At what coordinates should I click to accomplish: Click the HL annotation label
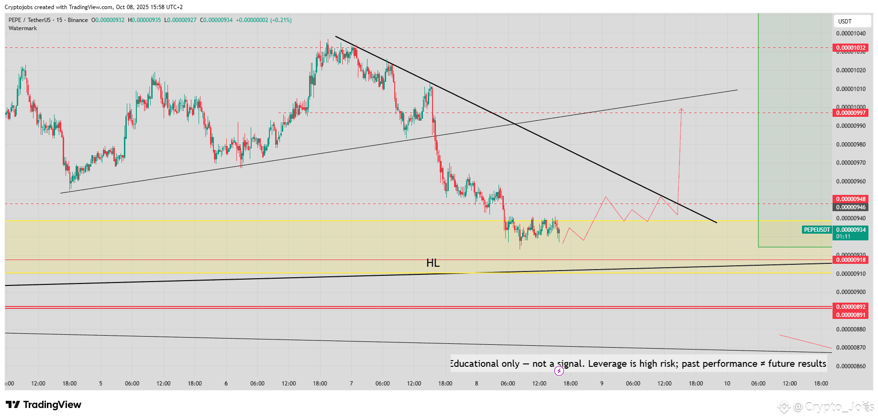[433, 263]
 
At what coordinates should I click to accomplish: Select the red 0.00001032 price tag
[851, 48]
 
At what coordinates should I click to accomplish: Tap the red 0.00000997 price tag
[851, 113]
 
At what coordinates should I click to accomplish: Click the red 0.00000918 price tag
[851, 260]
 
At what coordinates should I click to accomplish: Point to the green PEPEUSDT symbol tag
[817, 230]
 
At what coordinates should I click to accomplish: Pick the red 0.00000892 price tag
[851, 307]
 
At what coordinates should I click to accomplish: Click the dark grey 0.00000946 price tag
[851, 207]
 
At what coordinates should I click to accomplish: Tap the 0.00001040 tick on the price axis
[851, 34]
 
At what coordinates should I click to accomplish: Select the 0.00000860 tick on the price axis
[851, 366]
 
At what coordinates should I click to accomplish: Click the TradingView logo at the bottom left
[44, 405]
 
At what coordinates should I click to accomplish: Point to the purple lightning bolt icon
[559, 371]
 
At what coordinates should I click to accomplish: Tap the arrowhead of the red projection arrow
[681, 110]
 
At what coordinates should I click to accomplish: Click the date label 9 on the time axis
[602, 384]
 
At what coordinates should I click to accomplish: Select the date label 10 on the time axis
[727, 384]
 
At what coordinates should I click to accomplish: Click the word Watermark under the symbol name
[22, 28]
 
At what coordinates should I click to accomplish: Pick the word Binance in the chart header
[78, 20]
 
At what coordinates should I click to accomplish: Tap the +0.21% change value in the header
[281, 20]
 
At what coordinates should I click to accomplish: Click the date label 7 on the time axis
[351, 384]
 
